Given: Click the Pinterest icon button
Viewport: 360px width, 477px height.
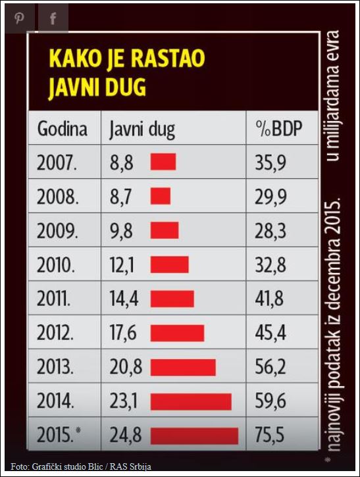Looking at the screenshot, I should point(19,18).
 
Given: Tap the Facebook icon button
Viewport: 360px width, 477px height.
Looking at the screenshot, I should point(53,18).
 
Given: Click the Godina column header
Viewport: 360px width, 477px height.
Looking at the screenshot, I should point(62,128).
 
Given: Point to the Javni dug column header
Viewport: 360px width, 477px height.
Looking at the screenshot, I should point(142,129).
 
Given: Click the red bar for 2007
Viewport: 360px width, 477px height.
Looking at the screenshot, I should point(163,162).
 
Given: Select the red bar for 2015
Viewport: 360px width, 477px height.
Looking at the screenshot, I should point(194,436).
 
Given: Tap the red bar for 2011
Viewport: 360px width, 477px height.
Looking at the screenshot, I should point(172,299).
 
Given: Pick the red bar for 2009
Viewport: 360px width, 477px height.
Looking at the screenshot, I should point(165,230).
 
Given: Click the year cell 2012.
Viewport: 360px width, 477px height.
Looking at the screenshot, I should point(57,333).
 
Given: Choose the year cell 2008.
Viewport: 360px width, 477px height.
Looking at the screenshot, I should point(57,196).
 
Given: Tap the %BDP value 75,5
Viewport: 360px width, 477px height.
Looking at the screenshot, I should point(270,436).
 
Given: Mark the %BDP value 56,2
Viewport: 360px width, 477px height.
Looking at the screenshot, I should point(270,367).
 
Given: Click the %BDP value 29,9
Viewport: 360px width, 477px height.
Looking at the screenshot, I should point(270,196).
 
